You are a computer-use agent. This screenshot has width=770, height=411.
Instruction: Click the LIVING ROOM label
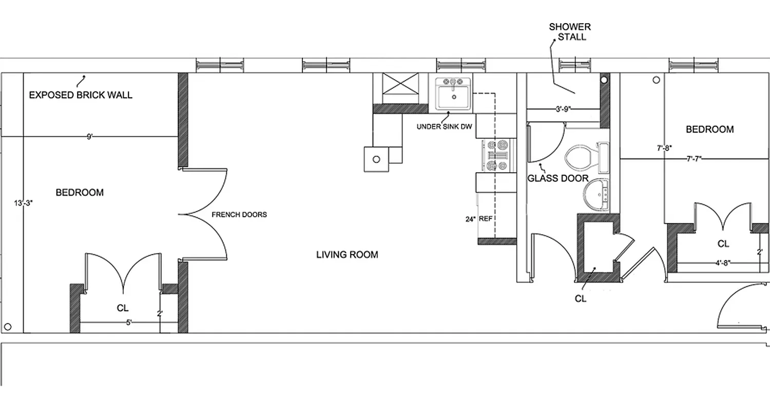(x=347, y=254)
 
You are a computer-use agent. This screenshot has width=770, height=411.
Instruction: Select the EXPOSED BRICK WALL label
(x=81, y=95)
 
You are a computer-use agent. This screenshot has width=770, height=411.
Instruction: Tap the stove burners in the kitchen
(x=496, y=156)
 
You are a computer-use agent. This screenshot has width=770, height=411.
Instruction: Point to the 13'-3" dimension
(x=23, y=203)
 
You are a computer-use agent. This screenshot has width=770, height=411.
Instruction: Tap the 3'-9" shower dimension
(x=564, y=109)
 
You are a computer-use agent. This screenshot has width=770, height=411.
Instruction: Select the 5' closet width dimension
(x=129, y=323)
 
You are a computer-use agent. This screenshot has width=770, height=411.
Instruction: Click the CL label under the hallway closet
(x=581, y=298)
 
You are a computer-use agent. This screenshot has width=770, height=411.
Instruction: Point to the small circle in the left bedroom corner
(x=8, y=326)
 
